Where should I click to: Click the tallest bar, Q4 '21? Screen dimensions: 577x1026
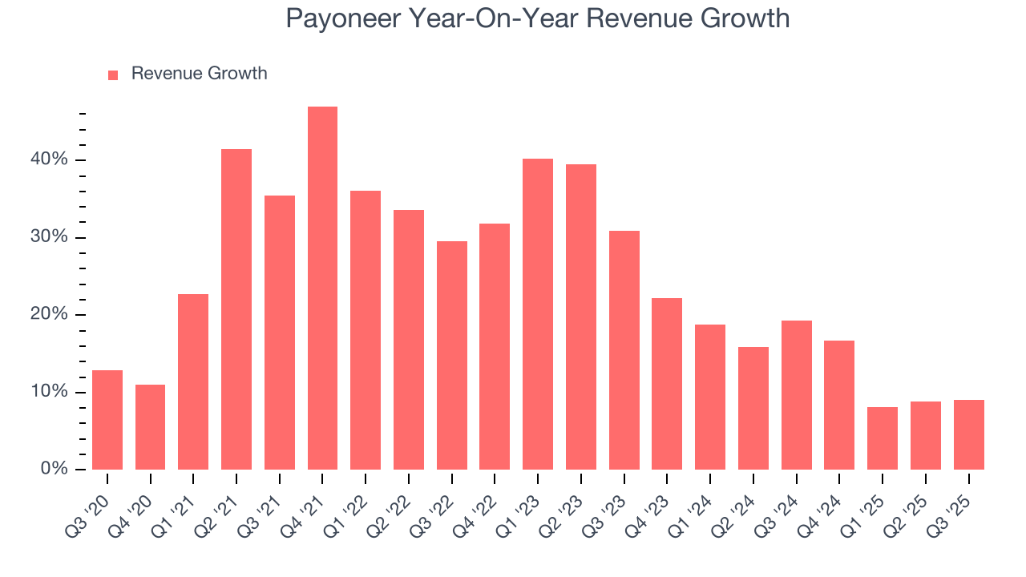pos(322,288)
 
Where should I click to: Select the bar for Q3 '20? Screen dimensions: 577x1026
pos(107,420)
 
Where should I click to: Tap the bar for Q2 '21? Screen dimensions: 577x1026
pos(236,309)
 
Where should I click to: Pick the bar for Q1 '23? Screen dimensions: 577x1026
pos(538,314)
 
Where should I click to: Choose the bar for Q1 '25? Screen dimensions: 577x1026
pos(883,438)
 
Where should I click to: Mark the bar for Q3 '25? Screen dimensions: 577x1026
pos(968,434)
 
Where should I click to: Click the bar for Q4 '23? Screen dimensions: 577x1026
pos(667,384)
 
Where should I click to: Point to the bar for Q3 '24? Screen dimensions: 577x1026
pos(796,395)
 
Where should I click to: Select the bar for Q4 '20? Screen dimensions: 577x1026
pos(150,427)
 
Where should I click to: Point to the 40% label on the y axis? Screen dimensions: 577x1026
pos(50,160)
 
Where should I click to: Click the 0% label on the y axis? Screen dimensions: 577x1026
pos(54,469)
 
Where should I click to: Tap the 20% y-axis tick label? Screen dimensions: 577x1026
pos(50,315)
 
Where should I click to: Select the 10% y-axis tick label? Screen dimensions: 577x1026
pos(50,392)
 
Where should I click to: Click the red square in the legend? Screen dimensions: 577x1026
pos(113,75)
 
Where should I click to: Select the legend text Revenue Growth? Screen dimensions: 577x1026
pos(199,74)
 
